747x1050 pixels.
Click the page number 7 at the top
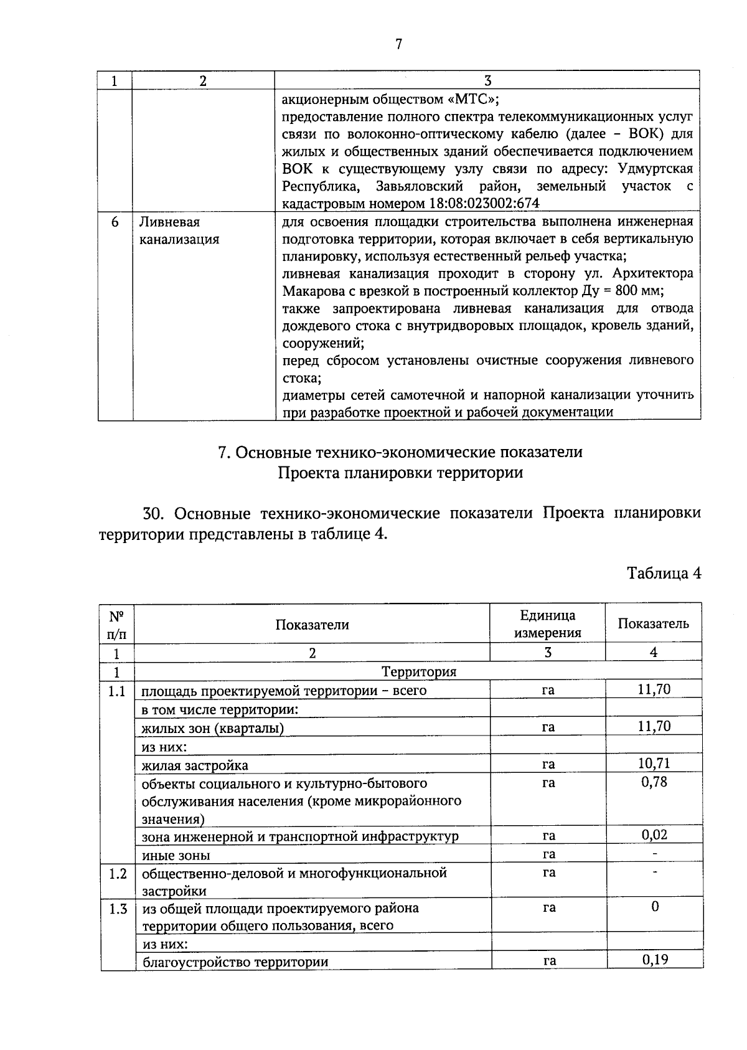click(398, 44)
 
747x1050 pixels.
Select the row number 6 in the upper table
click(115, 222)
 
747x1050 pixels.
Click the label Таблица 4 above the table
click(664, 573)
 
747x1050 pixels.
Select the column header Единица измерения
click(547, 623)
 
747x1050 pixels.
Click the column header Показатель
click(653, 623)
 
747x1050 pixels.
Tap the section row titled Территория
click(418, 671)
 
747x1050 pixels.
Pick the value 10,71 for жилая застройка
click(654, 763)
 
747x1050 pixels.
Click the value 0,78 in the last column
click(654, 782)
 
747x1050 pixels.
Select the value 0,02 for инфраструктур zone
click(654, 835)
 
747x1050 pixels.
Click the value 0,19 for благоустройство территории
click(655, 959)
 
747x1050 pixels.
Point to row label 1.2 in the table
click(118, 873)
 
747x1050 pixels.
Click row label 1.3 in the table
click(118, 909)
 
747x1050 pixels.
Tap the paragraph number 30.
click(153, 514)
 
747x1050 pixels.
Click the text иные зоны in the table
click(176, 855)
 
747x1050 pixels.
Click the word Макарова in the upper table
click(314, 291)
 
